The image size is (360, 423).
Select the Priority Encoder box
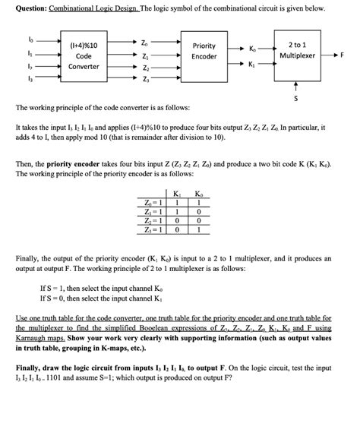tap(204, 51)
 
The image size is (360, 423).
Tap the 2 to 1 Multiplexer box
tap(298, 51)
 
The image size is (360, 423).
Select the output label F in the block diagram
tap(342, 55)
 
